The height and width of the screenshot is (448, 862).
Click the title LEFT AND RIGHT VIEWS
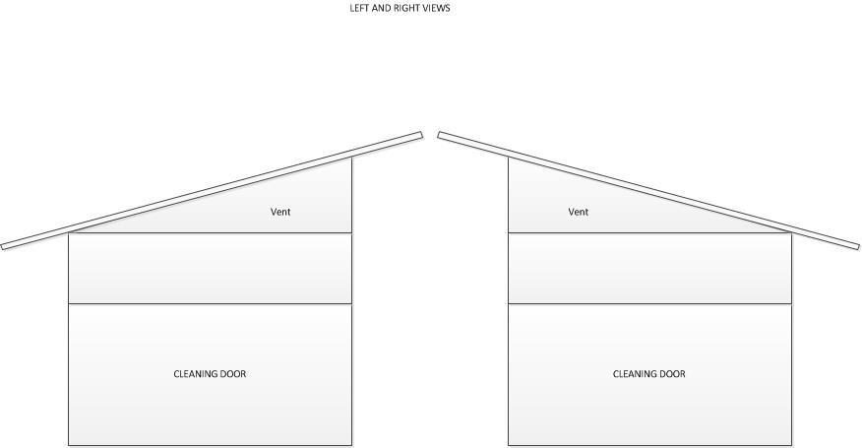tap(400, 8)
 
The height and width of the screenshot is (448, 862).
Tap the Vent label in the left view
tap(280, 212)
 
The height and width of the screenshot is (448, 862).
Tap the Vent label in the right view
tap(578, 212)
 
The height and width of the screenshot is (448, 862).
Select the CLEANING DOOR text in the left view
tap(210, 374)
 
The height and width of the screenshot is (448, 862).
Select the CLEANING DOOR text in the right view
tap(648, 374)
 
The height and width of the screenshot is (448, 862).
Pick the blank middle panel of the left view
tap(210, 268)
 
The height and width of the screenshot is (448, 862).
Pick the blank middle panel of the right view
tap(649, 268)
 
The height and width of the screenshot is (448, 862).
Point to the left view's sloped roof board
tap(212, 190)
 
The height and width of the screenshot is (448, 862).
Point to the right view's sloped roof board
tap(649, 190)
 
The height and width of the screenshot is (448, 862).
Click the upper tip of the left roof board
tap(419, 136)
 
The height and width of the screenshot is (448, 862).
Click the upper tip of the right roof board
tap(441, 136)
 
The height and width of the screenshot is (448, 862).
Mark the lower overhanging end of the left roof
tap(5, 245)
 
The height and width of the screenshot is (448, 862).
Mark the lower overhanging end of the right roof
tap(855, 245)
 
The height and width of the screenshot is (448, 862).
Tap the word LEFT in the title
tap(360, 8)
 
